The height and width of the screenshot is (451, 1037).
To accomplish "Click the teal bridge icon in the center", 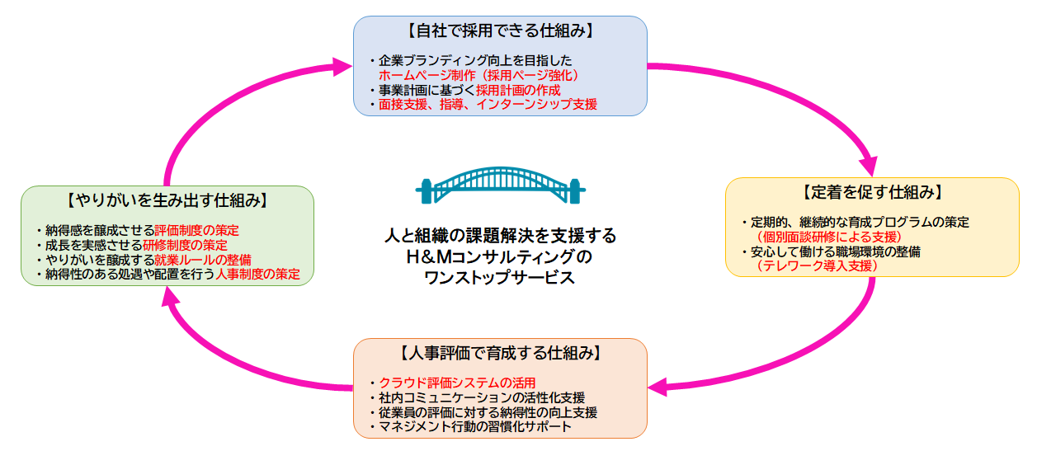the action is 501,185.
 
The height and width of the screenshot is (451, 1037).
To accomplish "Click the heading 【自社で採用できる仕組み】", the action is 501,31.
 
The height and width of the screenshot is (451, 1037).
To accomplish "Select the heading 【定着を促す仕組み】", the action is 872,192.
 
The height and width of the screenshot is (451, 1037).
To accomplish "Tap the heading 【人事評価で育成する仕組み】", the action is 501,353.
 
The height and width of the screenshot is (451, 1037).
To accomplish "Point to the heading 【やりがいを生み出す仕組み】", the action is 167,200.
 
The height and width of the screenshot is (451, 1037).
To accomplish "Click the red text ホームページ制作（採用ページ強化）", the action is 478,75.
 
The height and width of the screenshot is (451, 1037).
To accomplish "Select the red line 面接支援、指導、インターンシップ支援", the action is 488,104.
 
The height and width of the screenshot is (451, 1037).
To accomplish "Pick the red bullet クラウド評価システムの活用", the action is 457,383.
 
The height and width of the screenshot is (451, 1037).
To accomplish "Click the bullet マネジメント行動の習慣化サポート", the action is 475,426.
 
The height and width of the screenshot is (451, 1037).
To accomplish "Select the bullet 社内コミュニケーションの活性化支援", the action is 482,397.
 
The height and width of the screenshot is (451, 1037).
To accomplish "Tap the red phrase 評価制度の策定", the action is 196,230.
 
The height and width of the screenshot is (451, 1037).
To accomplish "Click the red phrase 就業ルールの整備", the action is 203,260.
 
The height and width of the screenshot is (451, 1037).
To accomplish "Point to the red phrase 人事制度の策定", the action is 258,274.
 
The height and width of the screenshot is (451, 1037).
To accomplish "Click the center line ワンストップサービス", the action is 499,278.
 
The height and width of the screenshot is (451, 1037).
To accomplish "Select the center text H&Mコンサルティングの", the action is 499,256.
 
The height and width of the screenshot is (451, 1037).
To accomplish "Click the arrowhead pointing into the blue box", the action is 342,67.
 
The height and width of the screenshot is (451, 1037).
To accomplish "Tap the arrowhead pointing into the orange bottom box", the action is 658,388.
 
